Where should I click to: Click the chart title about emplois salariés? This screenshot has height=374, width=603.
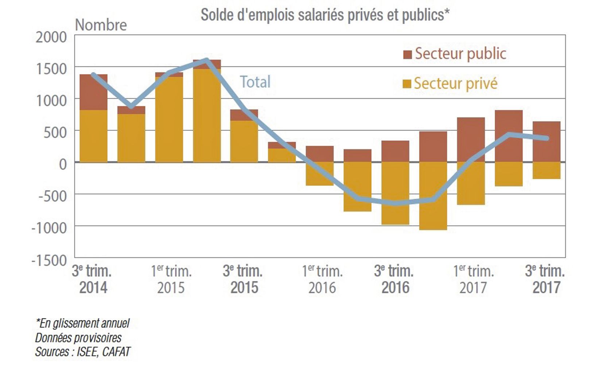coord(325,15)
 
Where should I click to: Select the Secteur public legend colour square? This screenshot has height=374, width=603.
coord(407,54)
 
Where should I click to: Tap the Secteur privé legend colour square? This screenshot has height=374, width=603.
coord(407,84)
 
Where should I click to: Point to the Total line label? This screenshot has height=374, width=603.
coord(255,82)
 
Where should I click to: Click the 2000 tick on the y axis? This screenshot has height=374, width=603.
coord(51,37)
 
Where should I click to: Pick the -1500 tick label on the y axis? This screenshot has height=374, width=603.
coord(49,261)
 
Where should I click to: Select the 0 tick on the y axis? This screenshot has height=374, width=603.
coord(63,164)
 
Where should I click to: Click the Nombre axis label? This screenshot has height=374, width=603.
coord(101,25)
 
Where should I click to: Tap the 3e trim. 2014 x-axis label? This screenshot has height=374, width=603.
coord(93,279)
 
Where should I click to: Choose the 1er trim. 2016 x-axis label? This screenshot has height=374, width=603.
coord(322,279)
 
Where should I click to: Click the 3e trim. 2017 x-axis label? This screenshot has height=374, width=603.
coord(545,279)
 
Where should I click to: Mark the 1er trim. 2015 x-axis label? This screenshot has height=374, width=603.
coord(171,279)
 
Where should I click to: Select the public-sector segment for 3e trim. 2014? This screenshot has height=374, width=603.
coord(93,92)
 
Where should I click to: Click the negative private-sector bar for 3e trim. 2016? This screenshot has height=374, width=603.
coord(395,193)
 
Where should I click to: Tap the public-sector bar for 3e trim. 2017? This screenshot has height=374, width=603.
coord(546,141)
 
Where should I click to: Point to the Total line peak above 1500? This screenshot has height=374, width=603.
coord(206,60)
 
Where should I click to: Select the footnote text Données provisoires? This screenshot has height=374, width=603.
coord(78,338)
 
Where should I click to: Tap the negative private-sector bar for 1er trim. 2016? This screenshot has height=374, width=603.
coord(320,174)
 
